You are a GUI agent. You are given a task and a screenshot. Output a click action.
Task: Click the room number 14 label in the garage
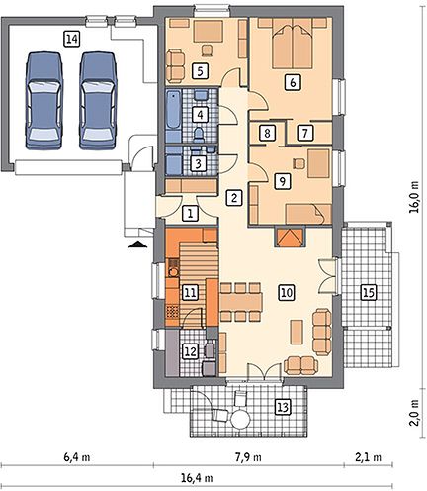[x=71, y=40]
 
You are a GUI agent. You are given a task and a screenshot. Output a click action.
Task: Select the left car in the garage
[x=43, y=101]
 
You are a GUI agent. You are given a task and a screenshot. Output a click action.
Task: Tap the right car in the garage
[x=98, y=101]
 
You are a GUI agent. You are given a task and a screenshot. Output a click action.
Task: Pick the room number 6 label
[x=293, y=81]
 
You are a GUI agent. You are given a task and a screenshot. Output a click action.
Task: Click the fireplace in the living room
[x=289, y=238]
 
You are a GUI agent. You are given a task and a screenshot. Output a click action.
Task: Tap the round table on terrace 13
[x=240, y=419]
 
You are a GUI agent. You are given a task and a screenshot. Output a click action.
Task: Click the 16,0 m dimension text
[x=415, y=197]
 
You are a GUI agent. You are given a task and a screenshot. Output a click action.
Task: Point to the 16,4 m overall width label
[x=197, y=477]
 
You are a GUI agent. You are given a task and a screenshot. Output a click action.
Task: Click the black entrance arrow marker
[x=138, y=245]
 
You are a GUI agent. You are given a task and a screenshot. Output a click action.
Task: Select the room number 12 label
[x=191, y=351]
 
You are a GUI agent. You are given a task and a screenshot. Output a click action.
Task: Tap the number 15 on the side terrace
[x=369, y=292]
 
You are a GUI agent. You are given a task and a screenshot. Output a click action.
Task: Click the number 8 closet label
[x=267, y=134]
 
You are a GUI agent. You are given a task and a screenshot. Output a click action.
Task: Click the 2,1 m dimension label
[x=368, y=457]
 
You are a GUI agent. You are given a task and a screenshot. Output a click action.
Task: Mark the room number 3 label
[x=199, y=163]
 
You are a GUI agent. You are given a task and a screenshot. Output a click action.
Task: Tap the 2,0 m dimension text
[x=415, y=413]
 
